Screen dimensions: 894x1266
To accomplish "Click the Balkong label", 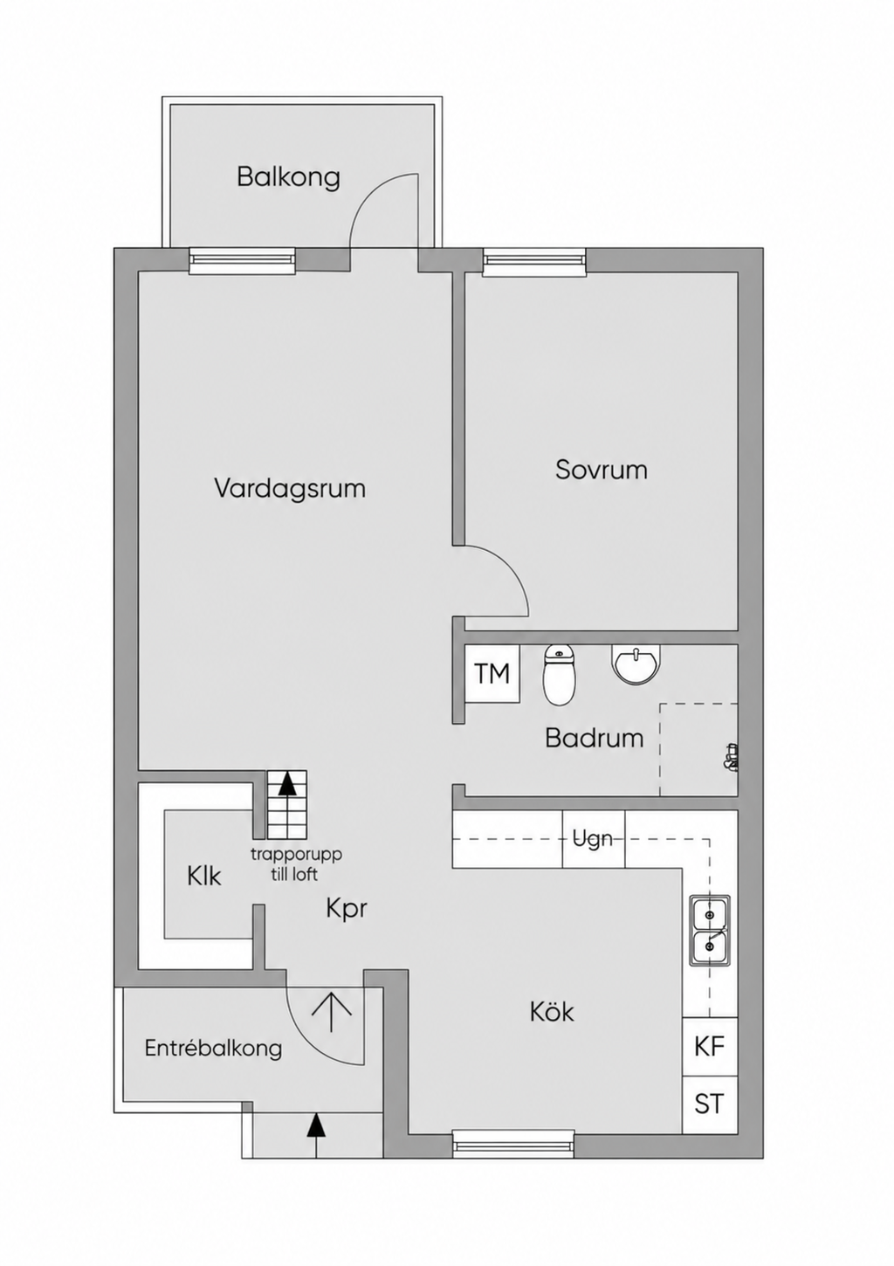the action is coord(288,177).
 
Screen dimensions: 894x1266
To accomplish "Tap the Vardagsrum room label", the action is coord(290,489).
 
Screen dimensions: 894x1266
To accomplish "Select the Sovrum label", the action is coord(602,470).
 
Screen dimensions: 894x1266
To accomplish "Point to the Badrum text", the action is coord(594,738).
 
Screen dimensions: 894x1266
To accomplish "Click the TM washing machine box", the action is coord(492,673).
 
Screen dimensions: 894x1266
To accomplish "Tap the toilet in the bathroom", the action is coord(559,676).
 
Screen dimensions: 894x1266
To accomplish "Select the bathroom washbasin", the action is coord(636,664).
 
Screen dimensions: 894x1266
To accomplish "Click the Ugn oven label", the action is coord(593,838).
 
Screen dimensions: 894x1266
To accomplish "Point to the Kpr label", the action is coord(347,910).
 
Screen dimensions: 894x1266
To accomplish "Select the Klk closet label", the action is coord(204,877).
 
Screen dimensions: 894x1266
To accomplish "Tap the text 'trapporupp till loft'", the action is coord(296,865).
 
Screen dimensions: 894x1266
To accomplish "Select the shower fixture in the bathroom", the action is coord(731,757).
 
